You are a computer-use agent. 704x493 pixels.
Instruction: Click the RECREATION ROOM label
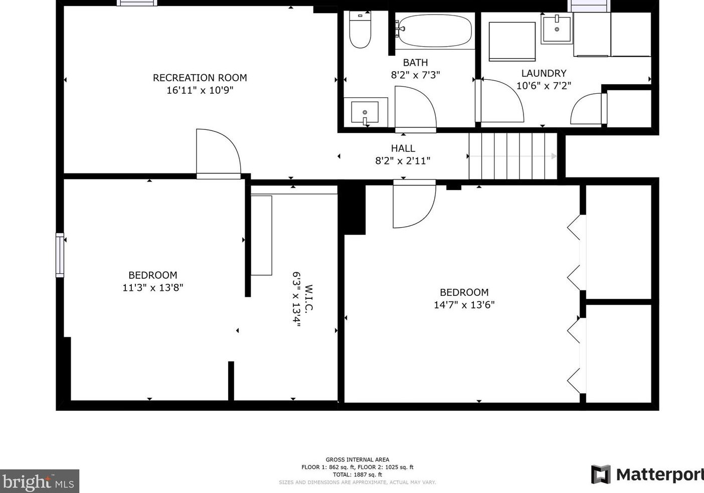(200, 78)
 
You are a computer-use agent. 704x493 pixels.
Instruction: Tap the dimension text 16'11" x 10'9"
(200, 91)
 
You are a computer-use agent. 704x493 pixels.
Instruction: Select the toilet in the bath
(360, 31)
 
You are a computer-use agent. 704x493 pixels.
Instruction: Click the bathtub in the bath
(434, 31)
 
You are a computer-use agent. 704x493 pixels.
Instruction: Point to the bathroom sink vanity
(366, 112)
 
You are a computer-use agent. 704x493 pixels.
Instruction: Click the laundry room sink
(557, 29)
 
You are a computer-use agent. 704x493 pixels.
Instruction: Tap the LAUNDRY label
(544, 73)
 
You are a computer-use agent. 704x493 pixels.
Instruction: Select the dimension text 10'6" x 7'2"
(544, 86)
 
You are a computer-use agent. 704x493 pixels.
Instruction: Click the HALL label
(403, 148)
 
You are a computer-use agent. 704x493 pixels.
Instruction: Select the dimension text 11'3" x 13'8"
(152, 288)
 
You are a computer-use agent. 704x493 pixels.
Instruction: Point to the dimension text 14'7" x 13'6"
(464, 305)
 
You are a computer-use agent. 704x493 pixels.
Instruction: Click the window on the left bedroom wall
(60, 255)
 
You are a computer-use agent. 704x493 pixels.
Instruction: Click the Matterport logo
(647, 474)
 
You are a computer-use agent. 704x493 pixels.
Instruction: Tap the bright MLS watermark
(39, 481)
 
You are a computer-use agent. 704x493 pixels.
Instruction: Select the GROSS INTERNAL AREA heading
(357, 459)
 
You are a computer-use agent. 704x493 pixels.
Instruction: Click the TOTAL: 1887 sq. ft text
(357, 474)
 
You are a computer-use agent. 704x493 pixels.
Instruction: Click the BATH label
(415, 63)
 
